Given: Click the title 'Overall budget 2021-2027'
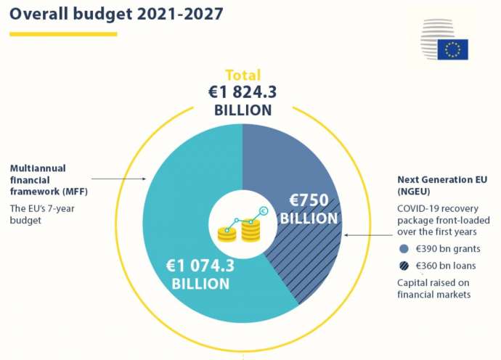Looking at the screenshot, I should [116, 14].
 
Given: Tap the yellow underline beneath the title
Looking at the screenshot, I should [63, 33].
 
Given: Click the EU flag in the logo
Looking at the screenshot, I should [452, 49].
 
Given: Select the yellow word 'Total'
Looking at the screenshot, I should [243, 75].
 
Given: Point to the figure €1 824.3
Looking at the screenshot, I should [243, 92].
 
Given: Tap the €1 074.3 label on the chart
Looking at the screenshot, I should [200, 266].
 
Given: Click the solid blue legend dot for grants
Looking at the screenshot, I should [404, 248].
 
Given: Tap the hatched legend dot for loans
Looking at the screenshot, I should [404, 266].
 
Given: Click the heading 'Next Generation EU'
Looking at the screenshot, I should [442, 179].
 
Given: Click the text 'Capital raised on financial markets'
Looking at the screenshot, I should [434, 288].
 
